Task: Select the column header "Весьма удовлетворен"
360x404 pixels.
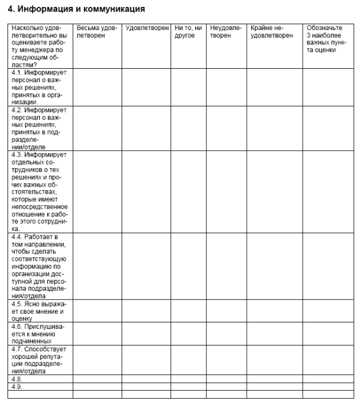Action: coord(96,31)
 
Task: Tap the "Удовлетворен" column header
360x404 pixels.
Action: coord(146,28)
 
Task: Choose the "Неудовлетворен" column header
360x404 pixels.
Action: coord(227,31)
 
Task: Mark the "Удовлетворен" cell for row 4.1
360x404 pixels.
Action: coord(146,87)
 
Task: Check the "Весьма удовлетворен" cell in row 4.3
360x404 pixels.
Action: coord(97,191)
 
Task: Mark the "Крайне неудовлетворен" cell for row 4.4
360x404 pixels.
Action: coord(275,266)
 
